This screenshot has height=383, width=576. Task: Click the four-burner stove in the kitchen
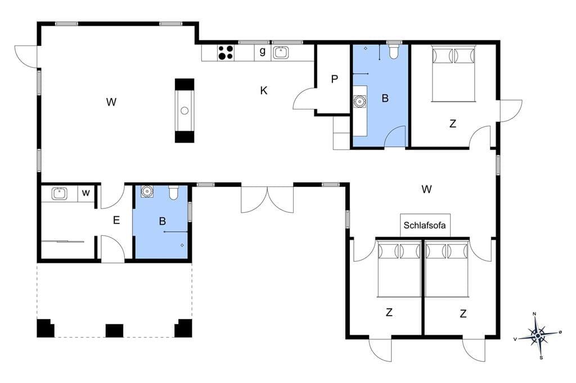226,52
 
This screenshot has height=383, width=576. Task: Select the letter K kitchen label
264,90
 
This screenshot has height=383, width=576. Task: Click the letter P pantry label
334,79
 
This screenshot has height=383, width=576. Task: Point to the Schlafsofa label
425,225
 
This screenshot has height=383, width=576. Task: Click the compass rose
538,335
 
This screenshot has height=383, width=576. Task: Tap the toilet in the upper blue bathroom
394,51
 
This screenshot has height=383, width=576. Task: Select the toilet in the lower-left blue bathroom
173,193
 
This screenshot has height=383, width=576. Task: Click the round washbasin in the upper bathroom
359,101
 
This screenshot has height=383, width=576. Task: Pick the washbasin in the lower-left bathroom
147,191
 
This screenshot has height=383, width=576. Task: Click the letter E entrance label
116,220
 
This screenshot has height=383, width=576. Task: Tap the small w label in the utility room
86,193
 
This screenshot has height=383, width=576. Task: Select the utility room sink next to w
58,193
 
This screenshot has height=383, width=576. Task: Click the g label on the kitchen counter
262,51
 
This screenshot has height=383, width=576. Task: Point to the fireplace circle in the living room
184,111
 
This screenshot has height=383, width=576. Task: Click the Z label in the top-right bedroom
453,124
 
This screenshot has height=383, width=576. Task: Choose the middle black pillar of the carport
115,330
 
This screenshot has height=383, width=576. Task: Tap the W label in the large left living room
111,102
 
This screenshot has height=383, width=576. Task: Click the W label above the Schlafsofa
426,189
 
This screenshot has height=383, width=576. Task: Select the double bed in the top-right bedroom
453,74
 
